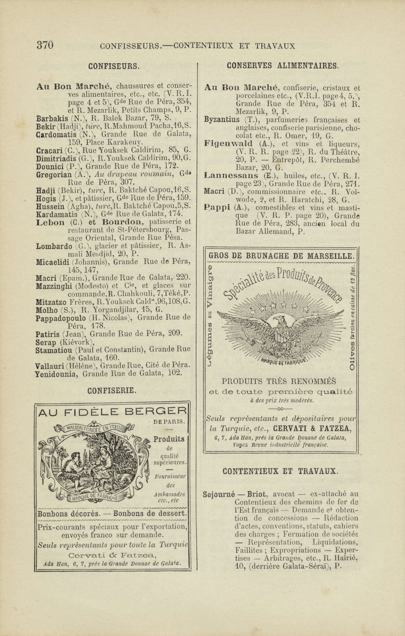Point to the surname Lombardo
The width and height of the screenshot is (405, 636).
(54, 246)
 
